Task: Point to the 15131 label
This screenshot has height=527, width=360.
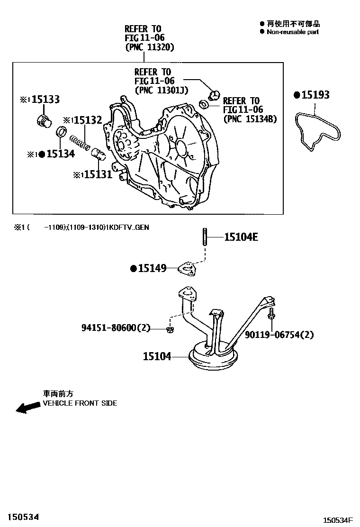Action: click(x=98, y=174)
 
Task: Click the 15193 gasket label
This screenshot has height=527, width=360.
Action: click(x=315, y=95)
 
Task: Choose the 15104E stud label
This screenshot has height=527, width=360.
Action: click(x=241, y=236)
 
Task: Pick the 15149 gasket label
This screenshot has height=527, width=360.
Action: click(x=152, y=269)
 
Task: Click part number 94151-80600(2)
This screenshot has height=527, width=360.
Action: click(x=115, y=327)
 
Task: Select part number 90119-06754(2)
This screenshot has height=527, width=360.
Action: click(x=279, y=335)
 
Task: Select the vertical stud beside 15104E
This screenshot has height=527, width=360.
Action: click(x=205, y=237)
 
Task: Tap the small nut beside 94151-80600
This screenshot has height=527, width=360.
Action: click(x=170, y=328)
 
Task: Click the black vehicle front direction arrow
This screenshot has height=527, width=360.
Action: click(x=27, y=407)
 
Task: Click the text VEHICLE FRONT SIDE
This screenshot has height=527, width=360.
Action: click(x=80, y=403)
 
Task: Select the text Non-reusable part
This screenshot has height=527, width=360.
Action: click(x=292, y=32)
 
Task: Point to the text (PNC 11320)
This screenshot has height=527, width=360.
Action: click(x=149, y=47)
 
